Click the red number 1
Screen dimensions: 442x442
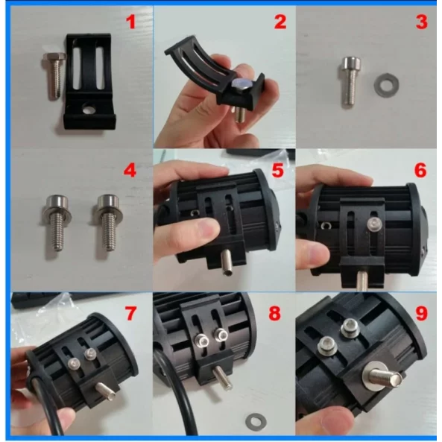(130, 22)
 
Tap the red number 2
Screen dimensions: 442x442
(280, 22)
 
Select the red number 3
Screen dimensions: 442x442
(422, 22)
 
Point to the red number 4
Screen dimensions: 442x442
(130, 170)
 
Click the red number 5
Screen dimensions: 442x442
(278, 170)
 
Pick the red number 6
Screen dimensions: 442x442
(420, 170)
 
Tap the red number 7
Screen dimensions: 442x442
(130, 314)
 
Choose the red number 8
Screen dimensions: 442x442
(275, 314)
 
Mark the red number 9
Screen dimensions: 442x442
(422, 314)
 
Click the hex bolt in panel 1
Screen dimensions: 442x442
(54, 75)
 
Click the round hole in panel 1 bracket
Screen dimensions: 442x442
(88, 109)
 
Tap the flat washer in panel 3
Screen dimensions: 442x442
(386, 84)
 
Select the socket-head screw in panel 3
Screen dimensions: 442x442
(351, 81)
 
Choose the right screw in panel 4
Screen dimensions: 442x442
(109, 222)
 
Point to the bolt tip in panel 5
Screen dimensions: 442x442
(227, 271)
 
